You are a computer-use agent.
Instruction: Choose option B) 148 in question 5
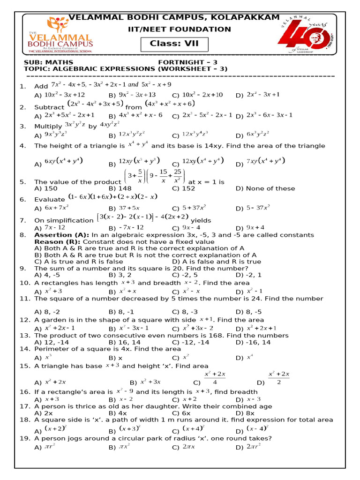coord(120,188)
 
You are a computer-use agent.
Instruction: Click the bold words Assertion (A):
coord(62,235)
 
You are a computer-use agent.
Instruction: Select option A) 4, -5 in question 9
coord(47,275)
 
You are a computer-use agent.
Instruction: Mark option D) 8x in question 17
coord(245,413)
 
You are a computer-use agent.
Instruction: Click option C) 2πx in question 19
coord(184,448)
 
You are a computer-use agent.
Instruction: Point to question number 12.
coord(24,320)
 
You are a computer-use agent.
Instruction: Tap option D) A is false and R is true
coord(217,262)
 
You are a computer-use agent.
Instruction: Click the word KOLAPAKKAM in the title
coord(245,17)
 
